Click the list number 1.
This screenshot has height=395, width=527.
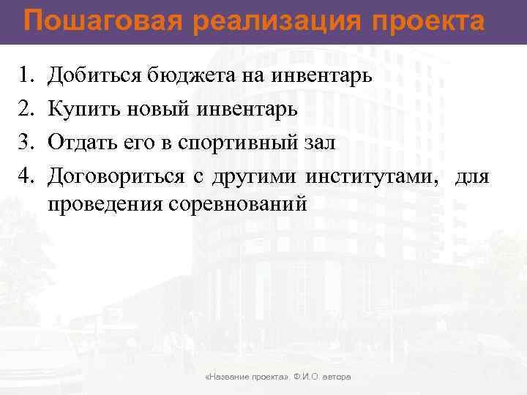pos(25,75)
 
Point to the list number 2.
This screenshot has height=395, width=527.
pos(25,109)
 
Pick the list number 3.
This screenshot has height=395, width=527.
pos(25,143)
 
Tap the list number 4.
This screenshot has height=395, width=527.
pos(25,176)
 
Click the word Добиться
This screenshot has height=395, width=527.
pos(89,75)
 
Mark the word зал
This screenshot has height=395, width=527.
pos(320,143)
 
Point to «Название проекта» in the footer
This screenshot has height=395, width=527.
pos(248,377)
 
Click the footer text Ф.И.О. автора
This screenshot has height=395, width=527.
pos(322,377)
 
